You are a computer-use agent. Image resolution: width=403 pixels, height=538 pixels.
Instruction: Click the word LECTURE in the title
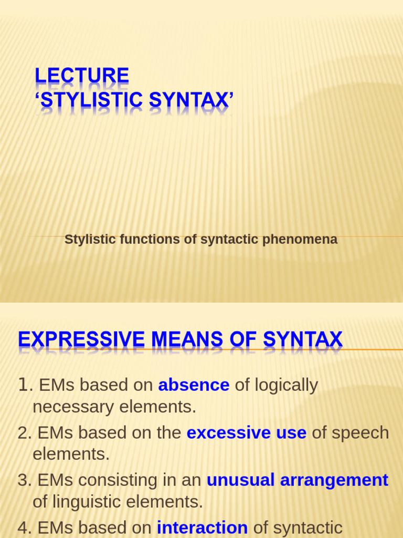click(81, 76)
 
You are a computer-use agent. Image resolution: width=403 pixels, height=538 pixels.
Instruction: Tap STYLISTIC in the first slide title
click(84, 99)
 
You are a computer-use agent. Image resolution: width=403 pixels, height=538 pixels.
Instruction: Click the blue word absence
click(194, 385)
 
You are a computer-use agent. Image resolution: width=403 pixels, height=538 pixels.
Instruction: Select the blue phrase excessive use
click(246, 432)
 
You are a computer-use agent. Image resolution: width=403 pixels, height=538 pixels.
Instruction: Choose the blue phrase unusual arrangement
click(297, 480)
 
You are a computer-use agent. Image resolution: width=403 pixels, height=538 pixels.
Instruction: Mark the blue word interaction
click(202, 527)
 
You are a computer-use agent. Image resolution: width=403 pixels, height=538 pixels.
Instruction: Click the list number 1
click(23, 385)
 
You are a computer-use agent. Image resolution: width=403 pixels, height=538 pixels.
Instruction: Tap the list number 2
click(23, 433)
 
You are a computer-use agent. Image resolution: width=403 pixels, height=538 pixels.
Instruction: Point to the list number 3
click(23, 480)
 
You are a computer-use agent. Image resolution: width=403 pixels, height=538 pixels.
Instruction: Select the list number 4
click(23, 527)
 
